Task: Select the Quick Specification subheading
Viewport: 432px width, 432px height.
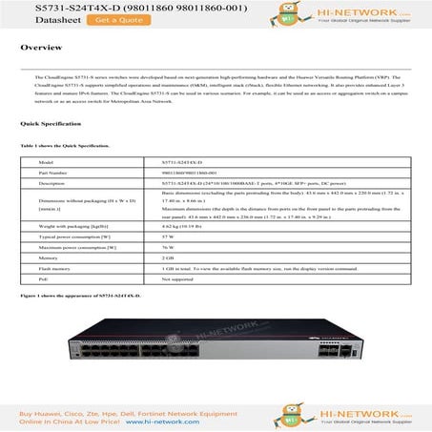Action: pyautogui.click(x=44, y=124)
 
